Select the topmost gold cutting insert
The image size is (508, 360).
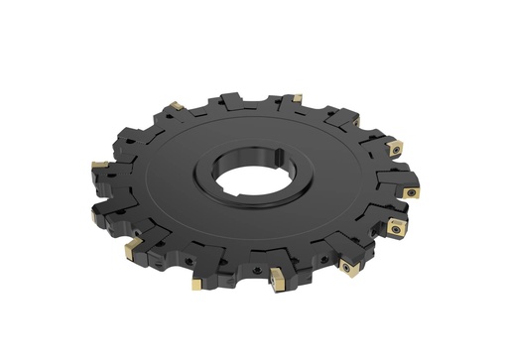(x=296, y=98)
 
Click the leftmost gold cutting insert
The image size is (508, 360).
(x=100, y=162)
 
